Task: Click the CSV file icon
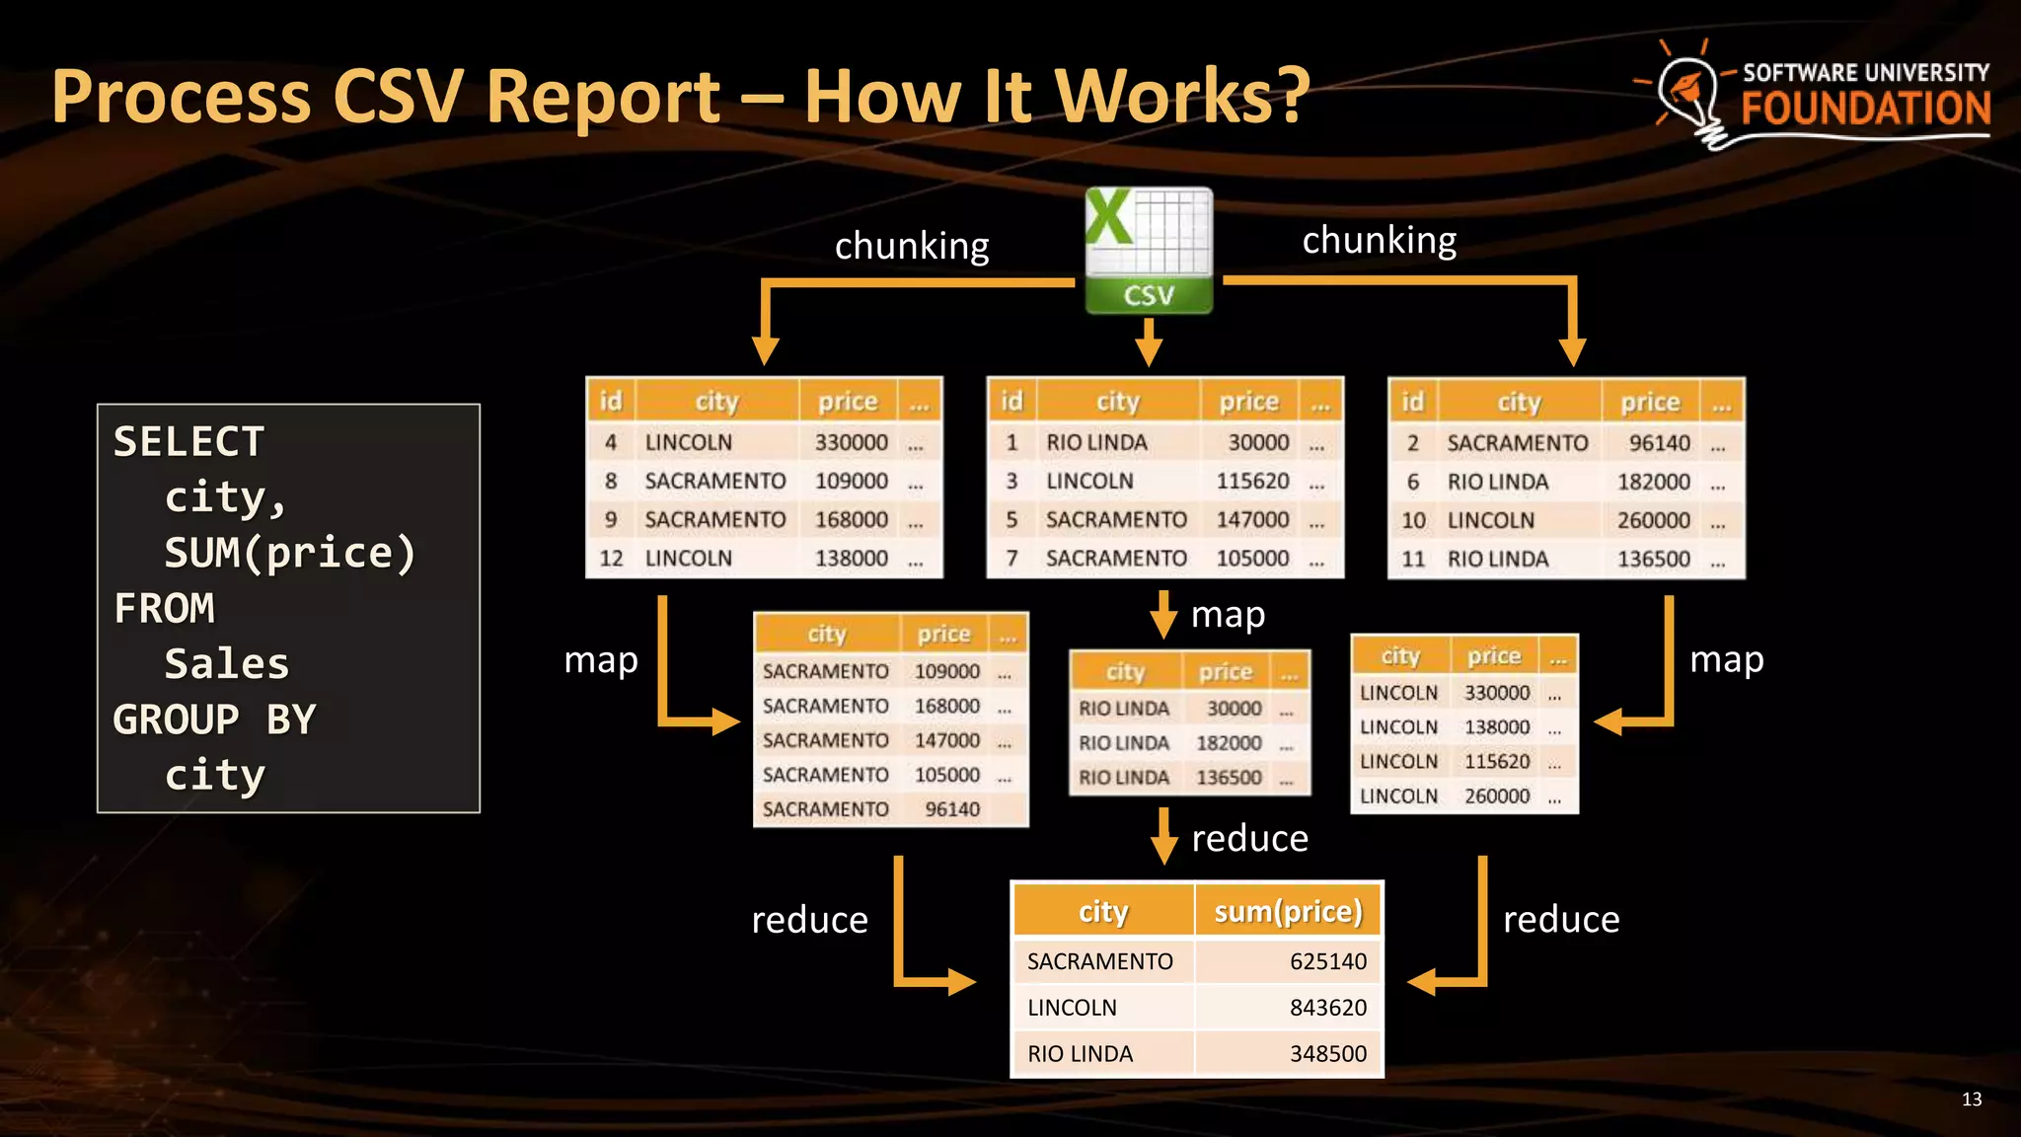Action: (x=1149, y=251)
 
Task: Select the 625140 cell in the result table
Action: (x=1327, y=961)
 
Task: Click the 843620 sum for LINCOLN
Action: (x=1327, y=1008)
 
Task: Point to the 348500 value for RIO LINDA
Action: (x=1327, y=1054)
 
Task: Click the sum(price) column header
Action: (x=1288, y=911)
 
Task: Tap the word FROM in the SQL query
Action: (x=165, y=608)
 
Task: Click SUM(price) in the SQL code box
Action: (x=290, y=553)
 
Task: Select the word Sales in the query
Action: (x=227, y=664)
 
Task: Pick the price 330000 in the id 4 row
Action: (x=851, y=442)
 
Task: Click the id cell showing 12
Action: (x=611, y=559)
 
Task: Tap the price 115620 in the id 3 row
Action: (x=1252, y=481)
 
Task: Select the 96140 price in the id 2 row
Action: (x=1659, y=443)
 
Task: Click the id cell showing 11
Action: (x=1413, y=560)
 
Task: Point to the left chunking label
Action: (x=912, y=246)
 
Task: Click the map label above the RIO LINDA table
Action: (x=1228, y=615)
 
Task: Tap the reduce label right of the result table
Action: (x=1561, y=920)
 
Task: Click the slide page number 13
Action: (x=1971, y=1099)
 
